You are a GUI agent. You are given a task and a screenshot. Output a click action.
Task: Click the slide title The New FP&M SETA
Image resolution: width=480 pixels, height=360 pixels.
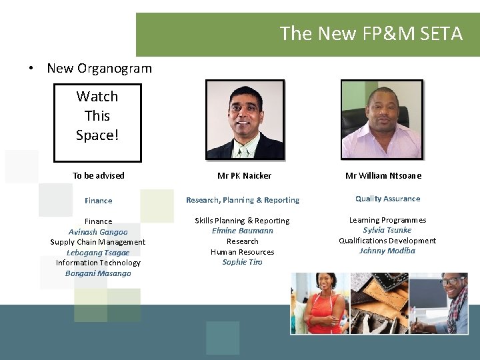pos(371,33)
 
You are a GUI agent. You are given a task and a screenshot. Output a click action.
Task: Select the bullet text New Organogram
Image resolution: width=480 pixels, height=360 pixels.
pos(99,68)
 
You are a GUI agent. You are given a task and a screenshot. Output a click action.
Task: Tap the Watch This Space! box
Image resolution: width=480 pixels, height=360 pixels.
pos(97,122)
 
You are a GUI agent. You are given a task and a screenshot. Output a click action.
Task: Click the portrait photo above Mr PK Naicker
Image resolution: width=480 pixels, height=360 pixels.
pos(245,120)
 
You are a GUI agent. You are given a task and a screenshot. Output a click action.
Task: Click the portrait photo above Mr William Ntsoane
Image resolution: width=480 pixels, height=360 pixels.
pos(381,120)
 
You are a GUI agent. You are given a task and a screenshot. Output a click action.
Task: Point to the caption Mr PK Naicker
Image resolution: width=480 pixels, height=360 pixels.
pos(245,176)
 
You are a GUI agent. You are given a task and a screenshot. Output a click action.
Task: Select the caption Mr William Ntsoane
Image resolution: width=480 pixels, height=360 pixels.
pos(383,176)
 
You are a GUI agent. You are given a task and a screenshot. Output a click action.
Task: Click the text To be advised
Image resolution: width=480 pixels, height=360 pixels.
pos(99,176)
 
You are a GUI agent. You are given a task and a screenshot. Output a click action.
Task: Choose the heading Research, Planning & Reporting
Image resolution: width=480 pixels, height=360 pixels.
pos(243,200)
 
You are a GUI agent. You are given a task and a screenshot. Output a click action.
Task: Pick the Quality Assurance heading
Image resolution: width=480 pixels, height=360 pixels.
pos(387,199)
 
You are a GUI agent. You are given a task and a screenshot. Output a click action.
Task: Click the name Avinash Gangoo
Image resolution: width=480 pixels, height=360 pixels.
pos(98,232)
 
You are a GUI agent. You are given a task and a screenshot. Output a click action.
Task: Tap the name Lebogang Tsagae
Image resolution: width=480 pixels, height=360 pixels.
pos(98,253)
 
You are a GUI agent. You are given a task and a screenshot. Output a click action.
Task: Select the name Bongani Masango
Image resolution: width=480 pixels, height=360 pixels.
pos(98,273)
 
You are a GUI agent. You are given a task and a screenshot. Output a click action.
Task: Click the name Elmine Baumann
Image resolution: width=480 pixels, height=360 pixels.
pos(242,231)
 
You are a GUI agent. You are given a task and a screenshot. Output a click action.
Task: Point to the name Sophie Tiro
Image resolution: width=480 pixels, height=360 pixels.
pos(242,262)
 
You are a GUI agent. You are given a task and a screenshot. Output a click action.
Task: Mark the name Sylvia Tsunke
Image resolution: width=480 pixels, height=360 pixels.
pos(387,230)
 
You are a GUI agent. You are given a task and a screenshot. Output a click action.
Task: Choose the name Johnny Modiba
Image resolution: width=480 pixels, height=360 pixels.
pos(387,251)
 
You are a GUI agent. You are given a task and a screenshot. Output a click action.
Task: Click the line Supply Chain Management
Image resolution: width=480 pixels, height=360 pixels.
pos(98,242)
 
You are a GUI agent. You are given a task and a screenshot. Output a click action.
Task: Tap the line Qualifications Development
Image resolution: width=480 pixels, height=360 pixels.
pos(387,241)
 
